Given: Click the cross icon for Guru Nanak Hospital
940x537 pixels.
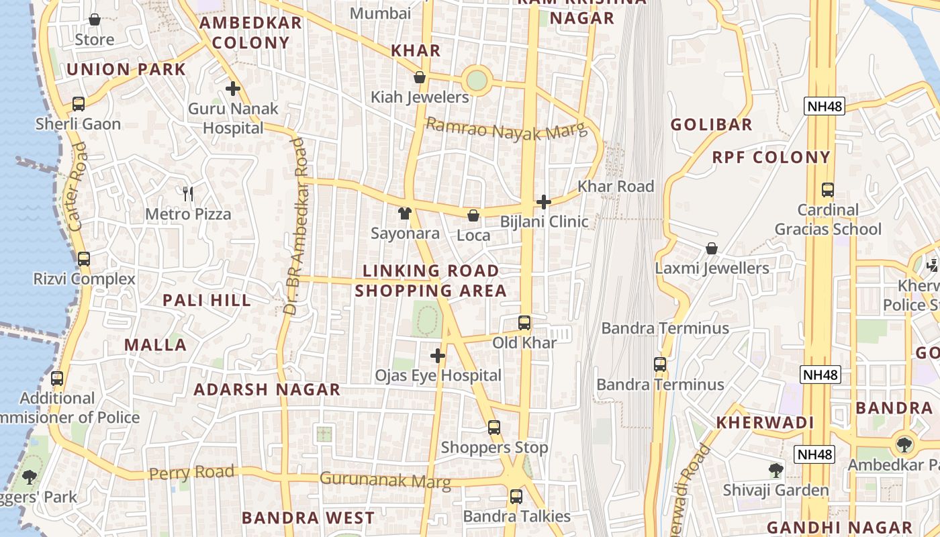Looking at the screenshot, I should (233, 88).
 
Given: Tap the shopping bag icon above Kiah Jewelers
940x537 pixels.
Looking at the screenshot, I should (420, 77).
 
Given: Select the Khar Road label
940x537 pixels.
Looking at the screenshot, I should (615, 186).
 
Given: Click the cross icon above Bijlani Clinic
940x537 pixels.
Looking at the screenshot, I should (544, 201).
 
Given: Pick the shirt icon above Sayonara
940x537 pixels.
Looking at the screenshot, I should (405, 213).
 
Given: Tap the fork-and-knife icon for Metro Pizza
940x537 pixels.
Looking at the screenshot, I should (188, 194).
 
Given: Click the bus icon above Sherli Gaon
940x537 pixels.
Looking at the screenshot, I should (79, 104).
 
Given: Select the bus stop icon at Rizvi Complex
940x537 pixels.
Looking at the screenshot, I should (84, 258).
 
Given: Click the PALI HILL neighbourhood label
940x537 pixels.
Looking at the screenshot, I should (207, 300).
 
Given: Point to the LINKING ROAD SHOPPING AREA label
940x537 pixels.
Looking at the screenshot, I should (430, 281).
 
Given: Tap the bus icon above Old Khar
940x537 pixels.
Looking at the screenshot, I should (524, 323).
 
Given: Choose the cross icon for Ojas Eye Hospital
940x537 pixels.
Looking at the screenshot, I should (438, 355).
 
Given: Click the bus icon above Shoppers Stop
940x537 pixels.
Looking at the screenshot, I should (494, 427).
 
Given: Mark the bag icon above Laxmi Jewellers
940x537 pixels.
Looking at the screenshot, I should (712, 248).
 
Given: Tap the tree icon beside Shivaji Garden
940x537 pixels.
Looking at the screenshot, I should (776, 470).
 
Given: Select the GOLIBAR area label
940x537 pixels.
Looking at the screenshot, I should (711, 124).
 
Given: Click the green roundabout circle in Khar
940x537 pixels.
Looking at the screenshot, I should (476, 80).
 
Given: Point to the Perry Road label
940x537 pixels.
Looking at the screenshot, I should (191, 473).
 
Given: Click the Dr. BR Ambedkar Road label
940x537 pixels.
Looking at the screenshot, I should (295, 226).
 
